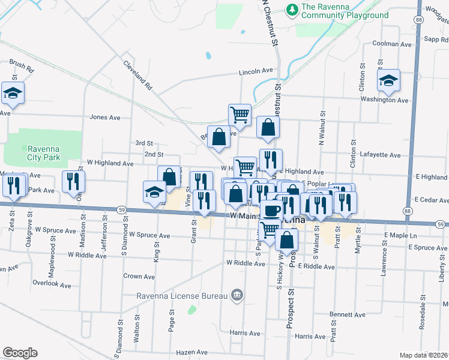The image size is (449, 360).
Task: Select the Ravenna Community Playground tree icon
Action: (x=292, y=9)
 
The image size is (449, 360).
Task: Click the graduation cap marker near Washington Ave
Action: (x=389, y=80)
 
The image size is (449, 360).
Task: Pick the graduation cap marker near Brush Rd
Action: (x=13, y=93)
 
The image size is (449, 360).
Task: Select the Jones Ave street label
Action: (x=105, y=118)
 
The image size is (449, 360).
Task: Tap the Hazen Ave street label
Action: (x=192, y=353)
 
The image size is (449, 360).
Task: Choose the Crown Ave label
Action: (x=139, y=277)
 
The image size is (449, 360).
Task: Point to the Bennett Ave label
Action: (x=348, y=314)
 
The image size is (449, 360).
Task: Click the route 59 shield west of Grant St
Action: (x=122, y=210)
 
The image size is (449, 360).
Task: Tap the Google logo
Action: (x=19, y=353)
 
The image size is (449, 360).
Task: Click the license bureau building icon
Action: (x=237, y=295)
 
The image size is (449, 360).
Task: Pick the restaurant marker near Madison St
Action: (x=73, y=181)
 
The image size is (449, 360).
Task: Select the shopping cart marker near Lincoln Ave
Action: (x=240, y=115)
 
